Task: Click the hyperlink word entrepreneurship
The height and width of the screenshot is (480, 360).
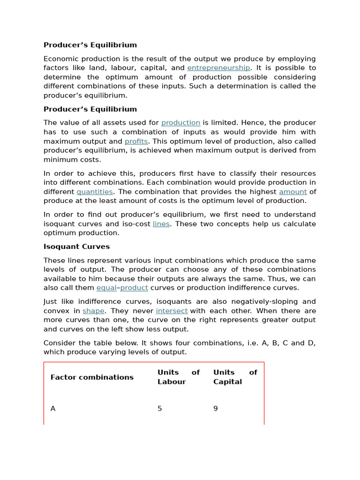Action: [218, 68]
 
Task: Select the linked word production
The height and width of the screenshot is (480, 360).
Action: [180, 123]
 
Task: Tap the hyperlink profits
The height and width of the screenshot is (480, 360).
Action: [136, 141]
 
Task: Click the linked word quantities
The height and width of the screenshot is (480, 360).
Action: [95, 192]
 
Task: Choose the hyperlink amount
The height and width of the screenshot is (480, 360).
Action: [293, 192]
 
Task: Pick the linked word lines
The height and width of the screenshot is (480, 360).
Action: [161, 224]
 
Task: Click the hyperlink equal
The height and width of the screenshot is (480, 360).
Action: [106, 288]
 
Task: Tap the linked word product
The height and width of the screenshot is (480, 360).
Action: [134, 288]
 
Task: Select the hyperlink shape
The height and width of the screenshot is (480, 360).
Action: [93, 311]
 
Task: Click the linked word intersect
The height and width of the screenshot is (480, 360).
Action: [172, 311]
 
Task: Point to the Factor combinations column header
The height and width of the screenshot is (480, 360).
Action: [92, 377]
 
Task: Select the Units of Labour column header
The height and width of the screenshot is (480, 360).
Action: [178, 377]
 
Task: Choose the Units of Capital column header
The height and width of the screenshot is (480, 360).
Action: [235, 377]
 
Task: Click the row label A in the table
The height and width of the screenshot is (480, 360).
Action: [53, 409]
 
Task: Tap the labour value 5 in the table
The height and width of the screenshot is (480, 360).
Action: [160, 409]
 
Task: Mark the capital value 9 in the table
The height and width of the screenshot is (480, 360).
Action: [216, 409]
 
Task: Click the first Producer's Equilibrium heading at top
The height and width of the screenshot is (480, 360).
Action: [90, 45]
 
